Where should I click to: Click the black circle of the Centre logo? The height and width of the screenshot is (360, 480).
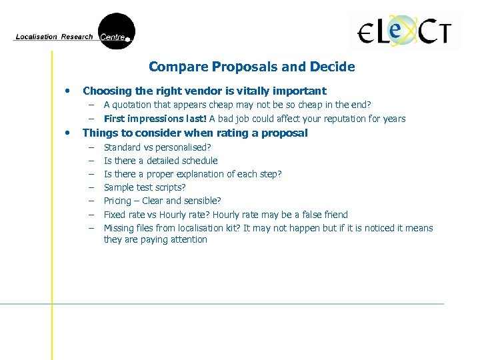[116, 31]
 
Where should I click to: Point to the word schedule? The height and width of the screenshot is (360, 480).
[199, 161]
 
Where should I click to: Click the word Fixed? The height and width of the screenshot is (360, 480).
[115, 215]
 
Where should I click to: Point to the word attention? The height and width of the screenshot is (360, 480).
[187, 239]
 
